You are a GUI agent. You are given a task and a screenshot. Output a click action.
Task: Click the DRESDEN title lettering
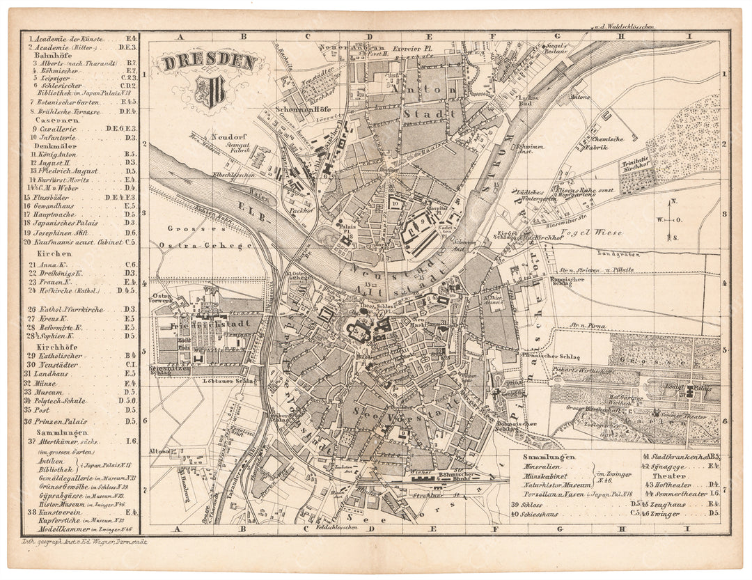[x=210, y=62]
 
